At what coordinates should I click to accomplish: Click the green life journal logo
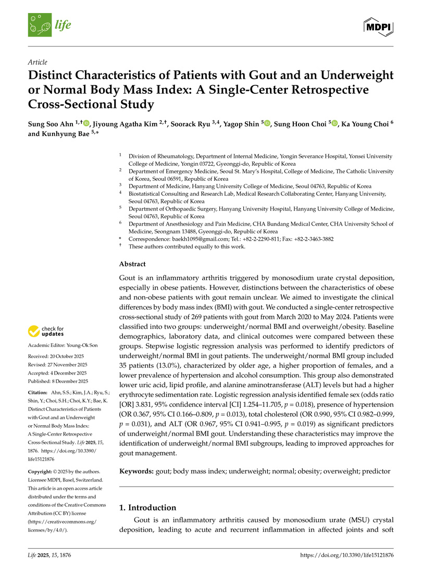click(x=49, y=25)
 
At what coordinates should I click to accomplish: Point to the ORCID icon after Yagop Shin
click(x=267, y=123)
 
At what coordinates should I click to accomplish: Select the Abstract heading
click(x=132, y=264)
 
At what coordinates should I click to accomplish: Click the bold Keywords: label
click(x=136, y=471)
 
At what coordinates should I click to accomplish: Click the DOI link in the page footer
click(x=347, y=555)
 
